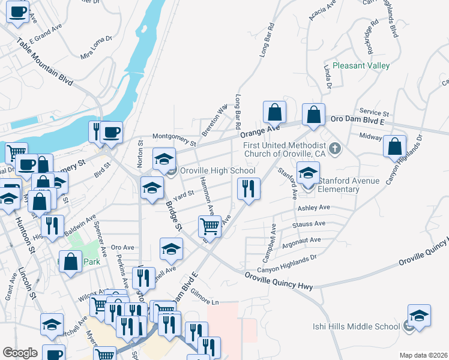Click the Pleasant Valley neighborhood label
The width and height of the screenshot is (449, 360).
point(361,65)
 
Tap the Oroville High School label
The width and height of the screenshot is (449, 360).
point(218,171)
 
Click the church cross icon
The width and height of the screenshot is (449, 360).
point(335,148)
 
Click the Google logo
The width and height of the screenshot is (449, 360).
point(20,352)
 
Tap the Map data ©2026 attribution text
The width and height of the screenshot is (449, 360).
point(423,355)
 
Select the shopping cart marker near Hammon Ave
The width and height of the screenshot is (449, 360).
point(209,227)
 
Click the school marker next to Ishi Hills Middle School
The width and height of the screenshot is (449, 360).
point(419,316)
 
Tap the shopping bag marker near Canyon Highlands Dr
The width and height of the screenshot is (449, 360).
point(395,146)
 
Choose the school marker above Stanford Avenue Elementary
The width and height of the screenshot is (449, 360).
point(308,173)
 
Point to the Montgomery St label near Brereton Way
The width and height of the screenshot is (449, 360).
point(175,140)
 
